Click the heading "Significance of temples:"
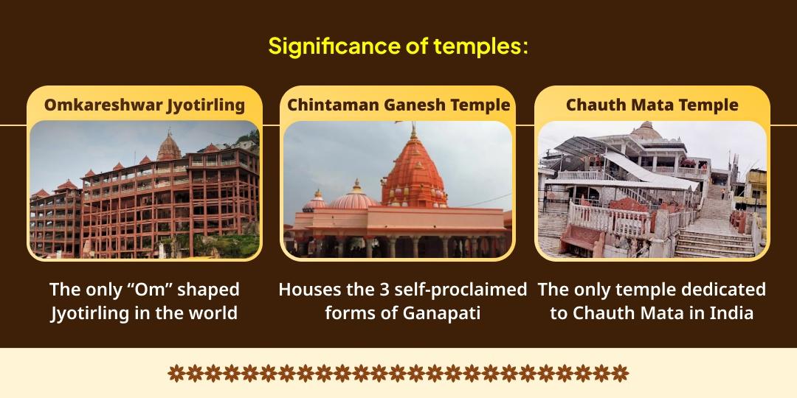(x=398, y=46)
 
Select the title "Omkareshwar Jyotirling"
(x=145, y=105)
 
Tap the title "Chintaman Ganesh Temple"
(x=398, y=105)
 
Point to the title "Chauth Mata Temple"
(x=652, y=105)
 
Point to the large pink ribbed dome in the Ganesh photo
(x=353, y=198)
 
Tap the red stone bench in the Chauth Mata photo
(x=582, y=239)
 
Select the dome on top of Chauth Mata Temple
(x=646, y=131)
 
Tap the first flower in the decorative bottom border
(x=176, y=373)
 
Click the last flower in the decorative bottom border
(x=620, y=373)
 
